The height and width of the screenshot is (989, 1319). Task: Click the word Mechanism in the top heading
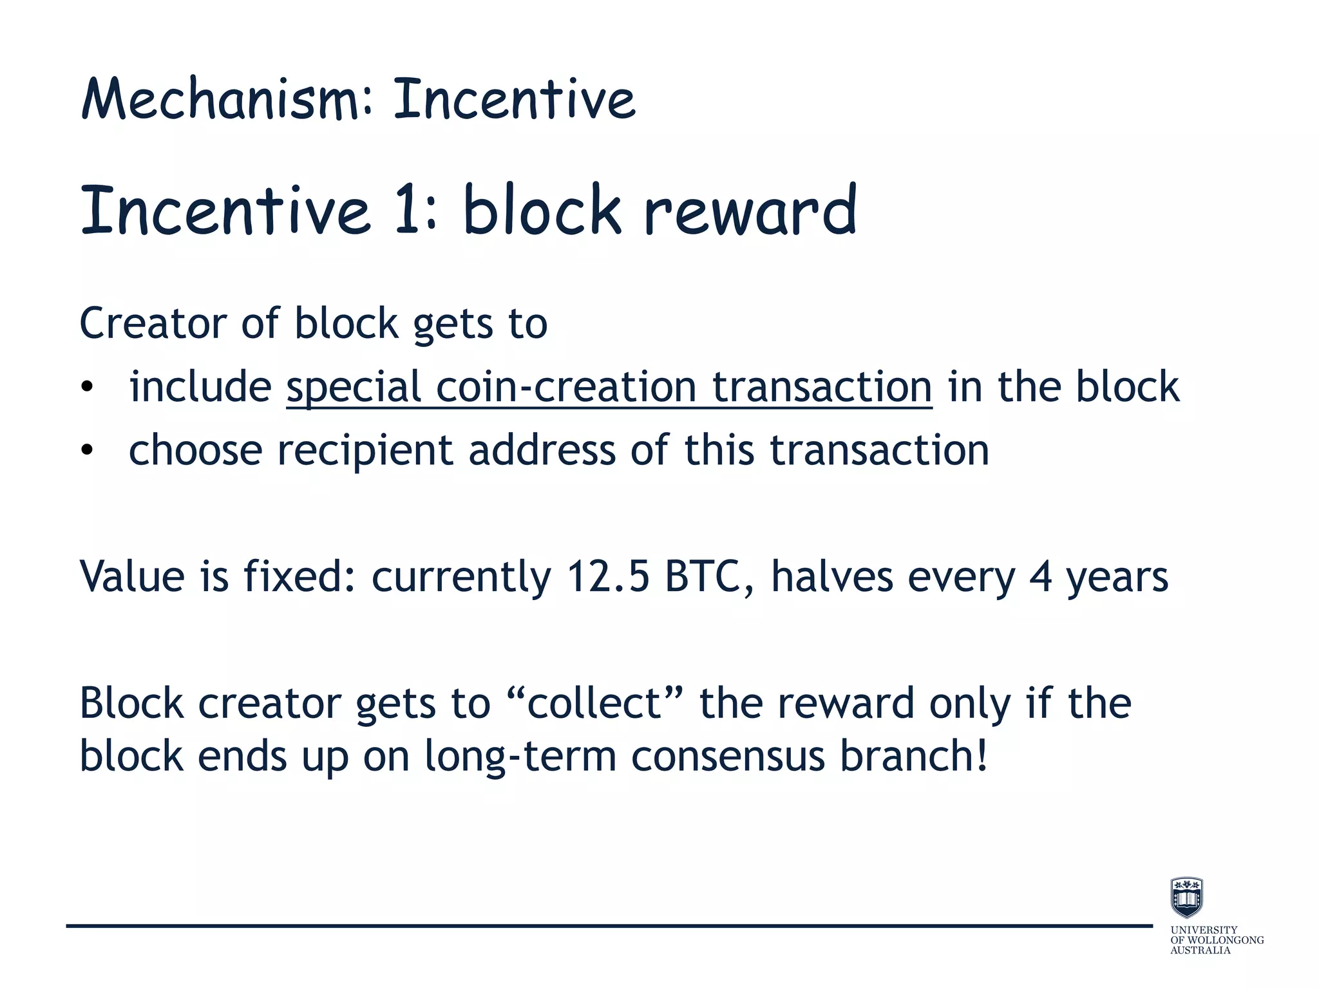tap(218, 100)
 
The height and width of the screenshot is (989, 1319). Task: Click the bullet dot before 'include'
tap(88, 388)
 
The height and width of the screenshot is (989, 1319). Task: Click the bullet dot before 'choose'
tap(88, 451)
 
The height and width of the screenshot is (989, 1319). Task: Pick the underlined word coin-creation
tap(566, 387)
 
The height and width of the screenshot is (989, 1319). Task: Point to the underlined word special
tap(354, 388)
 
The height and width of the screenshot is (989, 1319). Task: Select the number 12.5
tap(607, 576)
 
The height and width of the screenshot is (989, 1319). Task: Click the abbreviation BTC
tap(703, 576)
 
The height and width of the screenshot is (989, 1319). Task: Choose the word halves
tap(831, 576)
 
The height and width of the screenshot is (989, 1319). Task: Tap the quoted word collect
tap(594, 703)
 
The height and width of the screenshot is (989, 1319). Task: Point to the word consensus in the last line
tap(728, 756)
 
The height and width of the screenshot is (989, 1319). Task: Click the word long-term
tap(520, 756)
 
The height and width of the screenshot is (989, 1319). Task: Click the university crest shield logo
tap(1186, 897)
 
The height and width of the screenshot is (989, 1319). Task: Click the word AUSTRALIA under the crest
tap(1200, 950)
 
